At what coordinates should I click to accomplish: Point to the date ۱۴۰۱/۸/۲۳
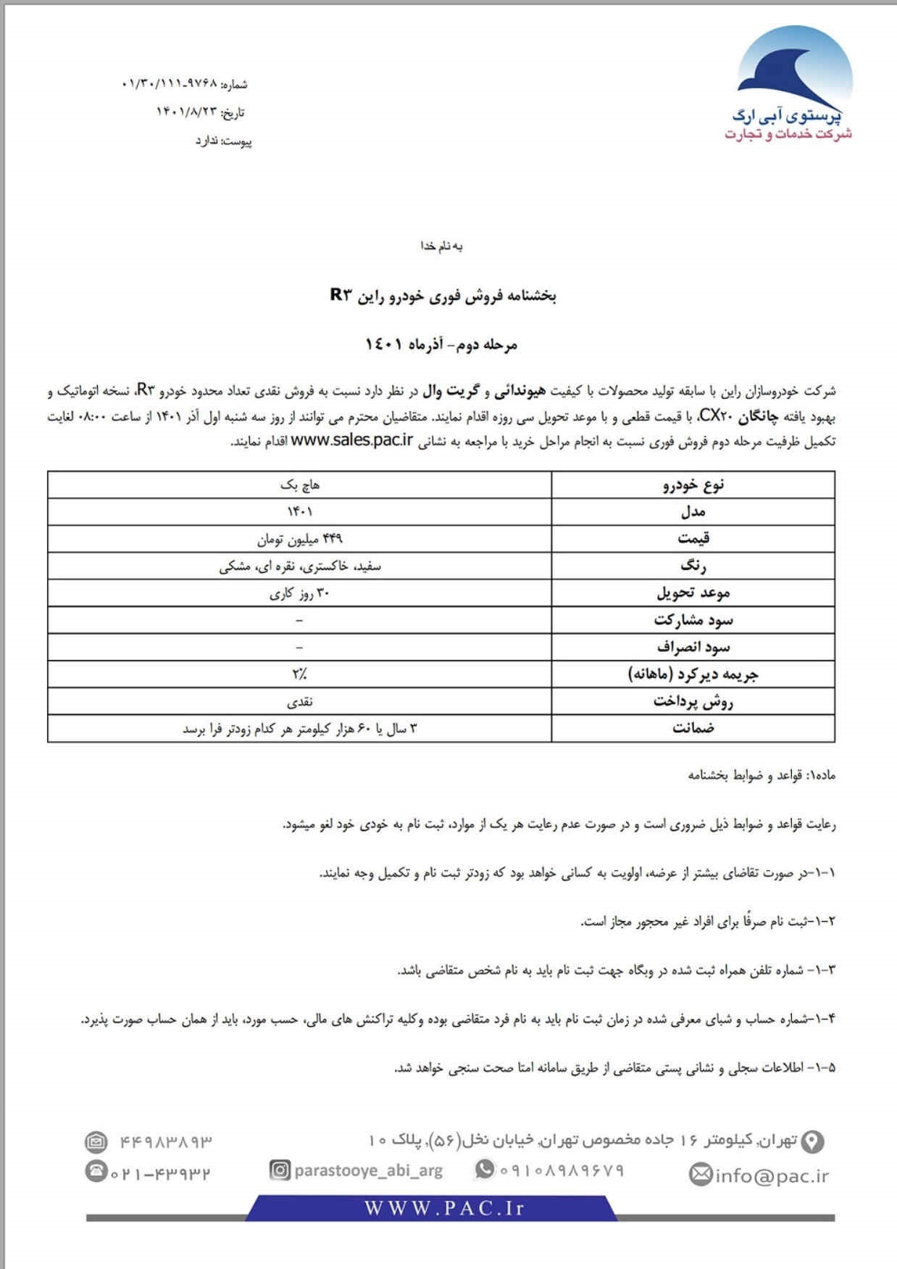point(186,112)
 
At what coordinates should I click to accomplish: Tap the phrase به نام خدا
point(441,247)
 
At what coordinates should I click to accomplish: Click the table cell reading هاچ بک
point(299,484)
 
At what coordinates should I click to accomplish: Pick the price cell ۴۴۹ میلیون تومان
point(299,539)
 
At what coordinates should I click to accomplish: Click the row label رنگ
point(693,566)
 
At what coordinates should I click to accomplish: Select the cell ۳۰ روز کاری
point(299,593)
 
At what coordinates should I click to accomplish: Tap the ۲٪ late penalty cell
point(299,674)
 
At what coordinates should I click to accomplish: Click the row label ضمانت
point(693,729)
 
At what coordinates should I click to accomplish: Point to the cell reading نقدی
point(299,702)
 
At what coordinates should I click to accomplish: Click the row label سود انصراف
point(693,648)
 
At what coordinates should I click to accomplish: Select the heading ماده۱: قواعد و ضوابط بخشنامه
point(762,775)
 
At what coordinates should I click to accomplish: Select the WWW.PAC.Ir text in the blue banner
point(443,1208)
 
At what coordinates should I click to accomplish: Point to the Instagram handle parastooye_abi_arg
point(368,1170)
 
